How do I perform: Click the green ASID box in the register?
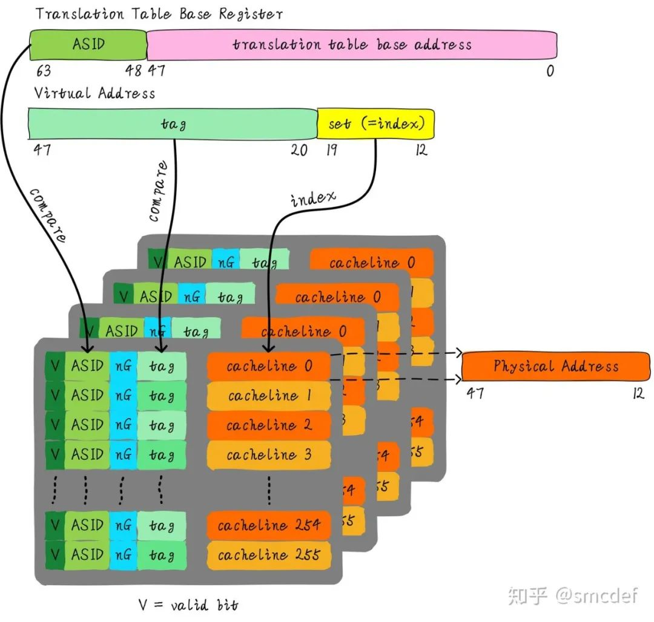(x=88, y=44)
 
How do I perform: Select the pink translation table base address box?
(x=351, y=45)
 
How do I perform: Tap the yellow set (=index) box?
(x=375, y=124)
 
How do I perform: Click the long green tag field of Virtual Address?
(x=173, y=124)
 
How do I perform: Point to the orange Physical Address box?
(x=555, y=366)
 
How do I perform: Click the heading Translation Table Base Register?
(x=159, y=13)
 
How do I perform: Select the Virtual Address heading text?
(x=94, y=93)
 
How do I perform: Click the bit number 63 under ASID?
(x=43, y=71)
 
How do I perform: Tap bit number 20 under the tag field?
(x=299, y=150)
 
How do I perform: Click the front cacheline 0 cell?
(x=269, y=366)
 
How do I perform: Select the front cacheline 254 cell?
(x=269, y=525)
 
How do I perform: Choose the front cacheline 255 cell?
(x=269, y=555)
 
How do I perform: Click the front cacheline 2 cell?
(x=269, y=425)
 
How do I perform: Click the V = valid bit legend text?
(x=188, y=604)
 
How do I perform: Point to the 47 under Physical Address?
(x=475, y=393)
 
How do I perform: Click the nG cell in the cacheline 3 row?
(x=124, y=454)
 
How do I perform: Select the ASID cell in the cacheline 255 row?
(x=87, y=555)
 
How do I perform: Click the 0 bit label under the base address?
(x=550, y=71)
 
